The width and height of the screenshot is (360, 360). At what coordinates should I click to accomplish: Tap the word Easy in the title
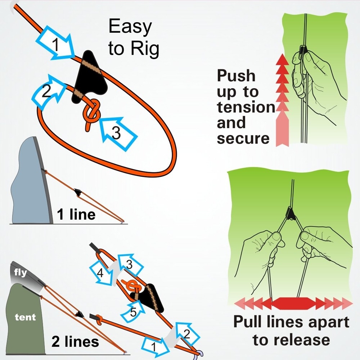130,27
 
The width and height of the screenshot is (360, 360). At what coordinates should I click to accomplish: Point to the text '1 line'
76,215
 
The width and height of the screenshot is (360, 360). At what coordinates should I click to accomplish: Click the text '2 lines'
75,341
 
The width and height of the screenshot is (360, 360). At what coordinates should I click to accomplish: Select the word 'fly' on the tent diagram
20,273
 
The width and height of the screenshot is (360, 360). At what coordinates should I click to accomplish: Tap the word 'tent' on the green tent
25,317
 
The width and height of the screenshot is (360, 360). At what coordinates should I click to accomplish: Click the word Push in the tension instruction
236,76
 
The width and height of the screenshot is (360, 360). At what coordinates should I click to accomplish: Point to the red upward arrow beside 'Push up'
282,101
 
